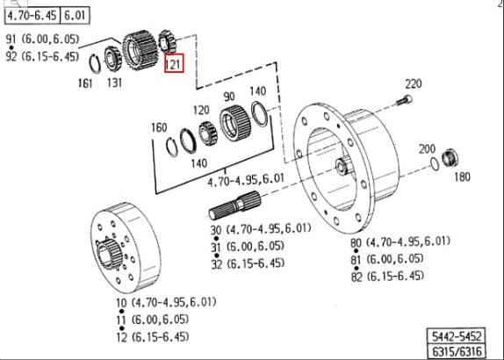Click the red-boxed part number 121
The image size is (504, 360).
[174, 63]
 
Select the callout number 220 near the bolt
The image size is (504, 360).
[413, 83]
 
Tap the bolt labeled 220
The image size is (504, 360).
[404, 100]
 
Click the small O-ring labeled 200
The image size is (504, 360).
[435, 164]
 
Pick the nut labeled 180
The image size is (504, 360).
[450, 157]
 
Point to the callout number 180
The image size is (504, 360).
[462, 176]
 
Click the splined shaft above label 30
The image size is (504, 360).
[234, 205]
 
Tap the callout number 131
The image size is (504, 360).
[114, 83]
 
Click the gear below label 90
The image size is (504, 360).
[235, 123]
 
